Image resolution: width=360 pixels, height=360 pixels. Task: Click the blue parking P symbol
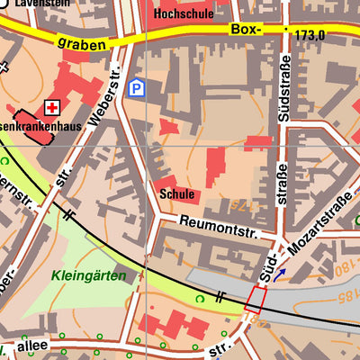pyautogui.click(x=136, y=87)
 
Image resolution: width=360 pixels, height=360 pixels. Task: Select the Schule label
pyautogui.click(x=176, y=193)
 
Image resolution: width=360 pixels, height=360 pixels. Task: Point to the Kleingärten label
pyautogui.click(x=89, y=275)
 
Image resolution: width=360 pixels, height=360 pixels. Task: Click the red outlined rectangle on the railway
pyautogui.click(x=255, y=300)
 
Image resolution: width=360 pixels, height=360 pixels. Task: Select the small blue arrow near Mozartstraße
pyautogui.click(x=282, y=273)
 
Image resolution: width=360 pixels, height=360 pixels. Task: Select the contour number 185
pyautogui.click(x=343, y=294)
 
